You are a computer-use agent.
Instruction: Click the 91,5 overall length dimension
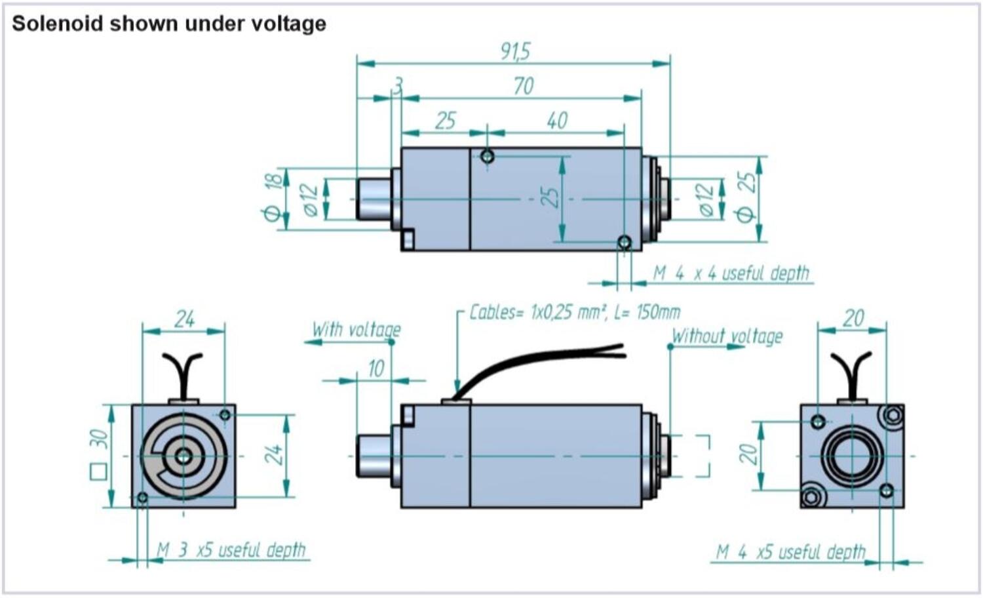pyautogui.click(x=515, y=51)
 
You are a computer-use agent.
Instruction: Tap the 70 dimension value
pyautogui.click(x=523, y=86)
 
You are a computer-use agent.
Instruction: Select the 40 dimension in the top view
pyautogui.click(x=556, y=121)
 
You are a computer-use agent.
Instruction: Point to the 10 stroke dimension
pyautogui.click(x=376, y=369)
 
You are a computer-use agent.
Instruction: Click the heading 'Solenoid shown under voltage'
pyautogui.click(x=169, y=24)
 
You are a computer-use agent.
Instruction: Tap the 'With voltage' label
pyautogui.click(x=356, y=329)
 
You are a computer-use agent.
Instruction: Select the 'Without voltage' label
pyautogui.click(x=727, y=336)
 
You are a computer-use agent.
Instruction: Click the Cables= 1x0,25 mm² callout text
pyautogui.click(x=574, y=312)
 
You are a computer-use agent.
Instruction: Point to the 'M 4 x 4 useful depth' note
pyautogui.click(x=731, y=273)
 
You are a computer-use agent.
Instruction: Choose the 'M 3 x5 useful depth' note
pyautogui.click(x=231, y=549)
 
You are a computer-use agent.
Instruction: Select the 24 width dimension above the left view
pyautogui.click(x=184, y=319)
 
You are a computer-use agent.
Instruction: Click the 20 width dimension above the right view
pyautogui.click(x=853, y=318)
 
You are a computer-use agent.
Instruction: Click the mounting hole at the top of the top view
pyautogui.click(x=487, y=156)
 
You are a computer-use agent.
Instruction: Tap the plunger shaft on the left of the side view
pyautogui.click(x=374, y=455)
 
